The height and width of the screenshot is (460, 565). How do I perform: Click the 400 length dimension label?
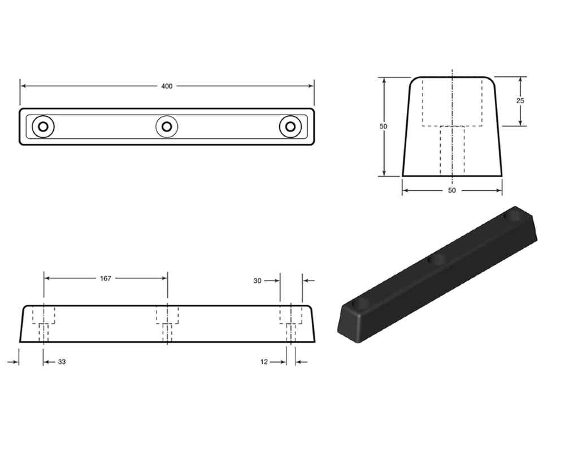click(x=167, y=86)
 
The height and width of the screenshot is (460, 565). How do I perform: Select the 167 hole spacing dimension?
click(x=106, y=278)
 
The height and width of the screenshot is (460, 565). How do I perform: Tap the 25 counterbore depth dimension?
click(x=520, y=101)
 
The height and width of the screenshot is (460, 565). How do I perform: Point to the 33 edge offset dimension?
click(x=62, y=362)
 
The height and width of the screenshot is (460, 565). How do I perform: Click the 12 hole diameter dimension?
click(x=264, y=362)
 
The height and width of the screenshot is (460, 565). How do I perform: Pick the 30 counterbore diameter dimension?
click(x=257, y=281)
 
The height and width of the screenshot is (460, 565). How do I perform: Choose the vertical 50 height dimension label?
click(x=384, y=126)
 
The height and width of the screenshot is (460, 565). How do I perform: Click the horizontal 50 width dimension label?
click(x=452, y=190)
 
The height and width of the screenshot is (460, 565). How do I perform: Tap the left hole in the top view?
click(x=44, y=126)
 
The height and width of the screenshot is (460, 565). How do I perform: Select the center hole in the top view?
click(x=167, y=126)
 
